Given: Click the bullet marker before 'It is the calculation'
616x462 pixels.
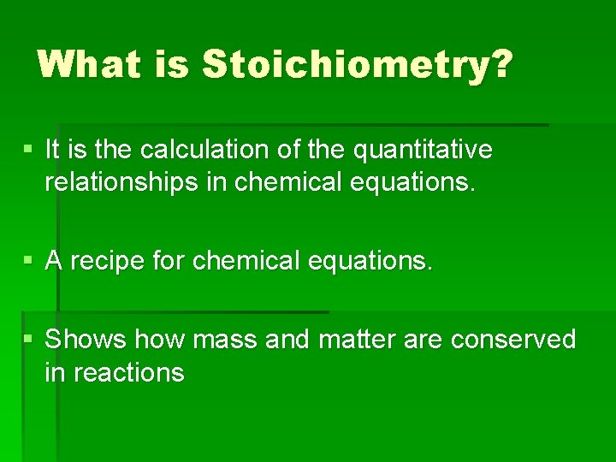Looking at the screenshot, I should pyautogui.click(x=29, y=149).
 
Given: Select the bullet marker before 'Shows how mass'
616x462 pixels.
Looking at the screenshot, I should pyautogui.click(x=29, y=339).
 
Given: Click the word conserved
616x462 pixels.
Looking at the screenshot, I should pyautogui.click(x=513, y=340).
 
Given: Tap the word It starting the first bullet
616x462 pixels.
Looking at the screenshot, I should pyautogui.click(x=52, y=150).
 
